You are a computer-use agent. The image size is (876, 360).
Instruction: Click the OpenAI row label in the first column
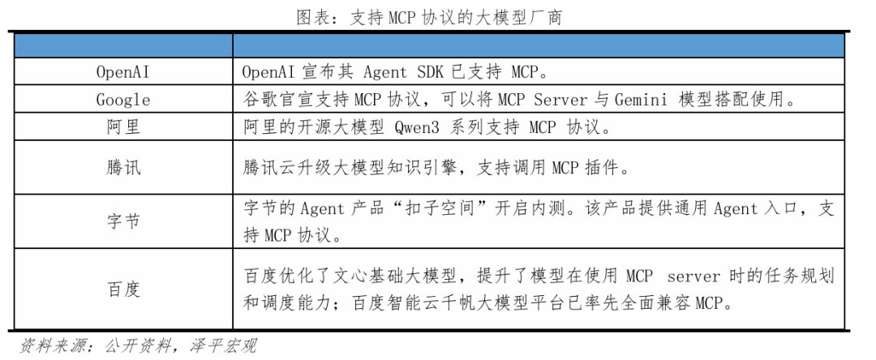[123, 72]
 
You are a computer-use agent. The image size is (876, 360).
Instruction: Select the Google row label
[123, 100]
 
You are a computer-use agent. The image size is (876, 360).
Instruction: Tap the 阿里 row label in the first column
[123, 127]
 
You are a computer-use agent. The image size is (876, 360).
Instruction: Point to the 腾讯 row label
[123, 168]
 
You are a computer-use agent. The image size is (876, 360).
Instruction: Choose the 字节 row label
[123, 221]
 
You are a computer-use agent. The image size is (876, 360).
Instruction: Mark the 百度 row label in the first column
[123, 289]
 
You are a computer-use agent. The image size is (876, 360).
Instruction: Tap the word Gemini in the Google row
[640, 100]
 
